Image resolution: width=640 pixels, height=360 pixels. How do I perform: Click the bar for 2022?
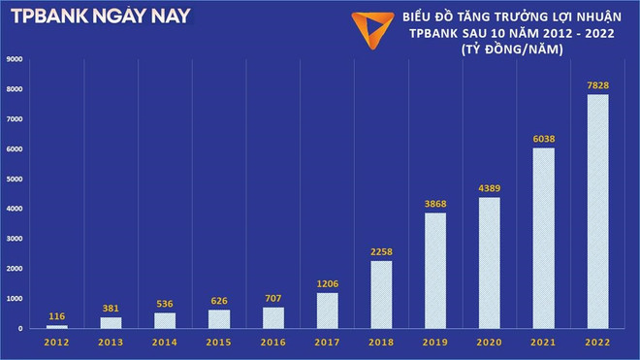coord(597,212)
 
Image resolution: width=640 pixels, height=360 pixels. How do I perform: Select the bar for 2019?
coord(435,271)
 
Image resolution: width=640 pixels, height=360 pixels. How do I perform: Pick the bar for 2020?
coord(490,263)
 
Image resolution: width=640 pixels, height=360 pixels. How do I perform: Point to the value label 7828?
coord(597,85)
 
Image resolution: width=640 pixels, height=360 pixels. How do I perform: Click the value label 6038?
coord(544,139)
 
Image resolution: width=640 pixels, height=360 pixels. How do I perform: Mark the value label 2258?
coord(382,252)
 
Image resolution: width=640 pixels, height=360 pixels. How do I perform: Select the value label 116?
coord(56,317)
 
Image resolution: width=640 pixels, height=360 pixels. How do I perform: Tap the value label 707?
coord(274,299)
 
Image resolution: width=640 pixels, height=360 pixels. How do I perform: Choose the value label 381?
coord(112,309)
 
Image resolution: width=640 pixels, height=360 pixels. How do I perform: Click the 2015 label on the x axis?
coord(220,343)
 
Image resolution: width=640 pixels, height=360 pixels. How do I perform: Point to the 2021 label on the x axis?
coord(544,343)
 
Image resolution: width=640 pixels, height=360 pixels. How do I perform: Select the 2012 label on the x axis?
coord(56,343)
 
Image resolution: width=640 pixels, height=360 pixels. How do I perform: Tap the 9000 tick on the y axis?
coord(15,59)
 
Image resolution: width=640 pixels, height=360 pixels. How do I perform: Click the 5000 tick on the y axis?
coord(15,180)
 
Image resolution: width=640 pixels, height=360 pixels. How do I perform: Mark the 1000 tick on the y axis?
coord(15,299)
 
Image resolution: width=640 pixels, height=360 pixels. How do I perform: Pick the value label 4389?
coord(490,188)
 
